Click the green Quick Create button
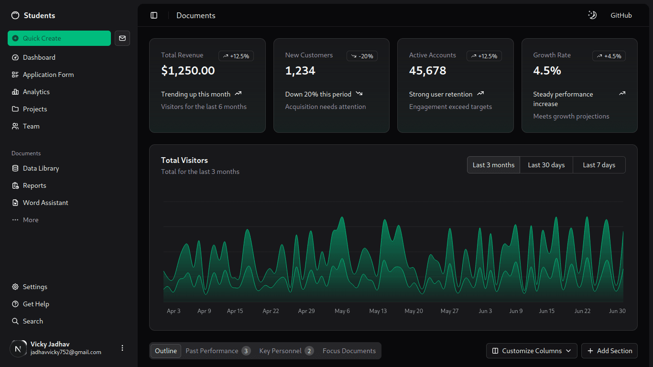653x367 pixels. click(59, 38)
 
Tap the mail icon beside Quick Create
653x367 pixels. click(122, 38)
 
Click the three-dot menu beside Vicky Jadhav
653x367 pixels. click(122, 348)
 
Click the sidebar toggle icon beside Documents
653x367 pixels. click(154, 15)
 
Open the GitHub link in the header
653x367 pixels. click(621, 15)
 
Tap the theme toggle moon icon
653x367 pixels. click(592, 15)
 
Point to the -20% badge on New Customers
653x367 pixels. click(362, 56)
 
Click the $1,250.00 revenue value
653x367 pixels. click(188, 71)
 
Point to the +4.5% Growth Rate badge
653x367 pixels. click(609, 56)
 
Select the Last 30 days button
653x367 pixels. click(546, 165)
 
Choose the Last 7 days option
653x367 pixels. click(599, 165)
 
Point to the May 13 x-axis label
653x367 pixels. click(378, 311)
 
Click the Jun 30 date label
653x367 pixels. click(617, 311)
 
